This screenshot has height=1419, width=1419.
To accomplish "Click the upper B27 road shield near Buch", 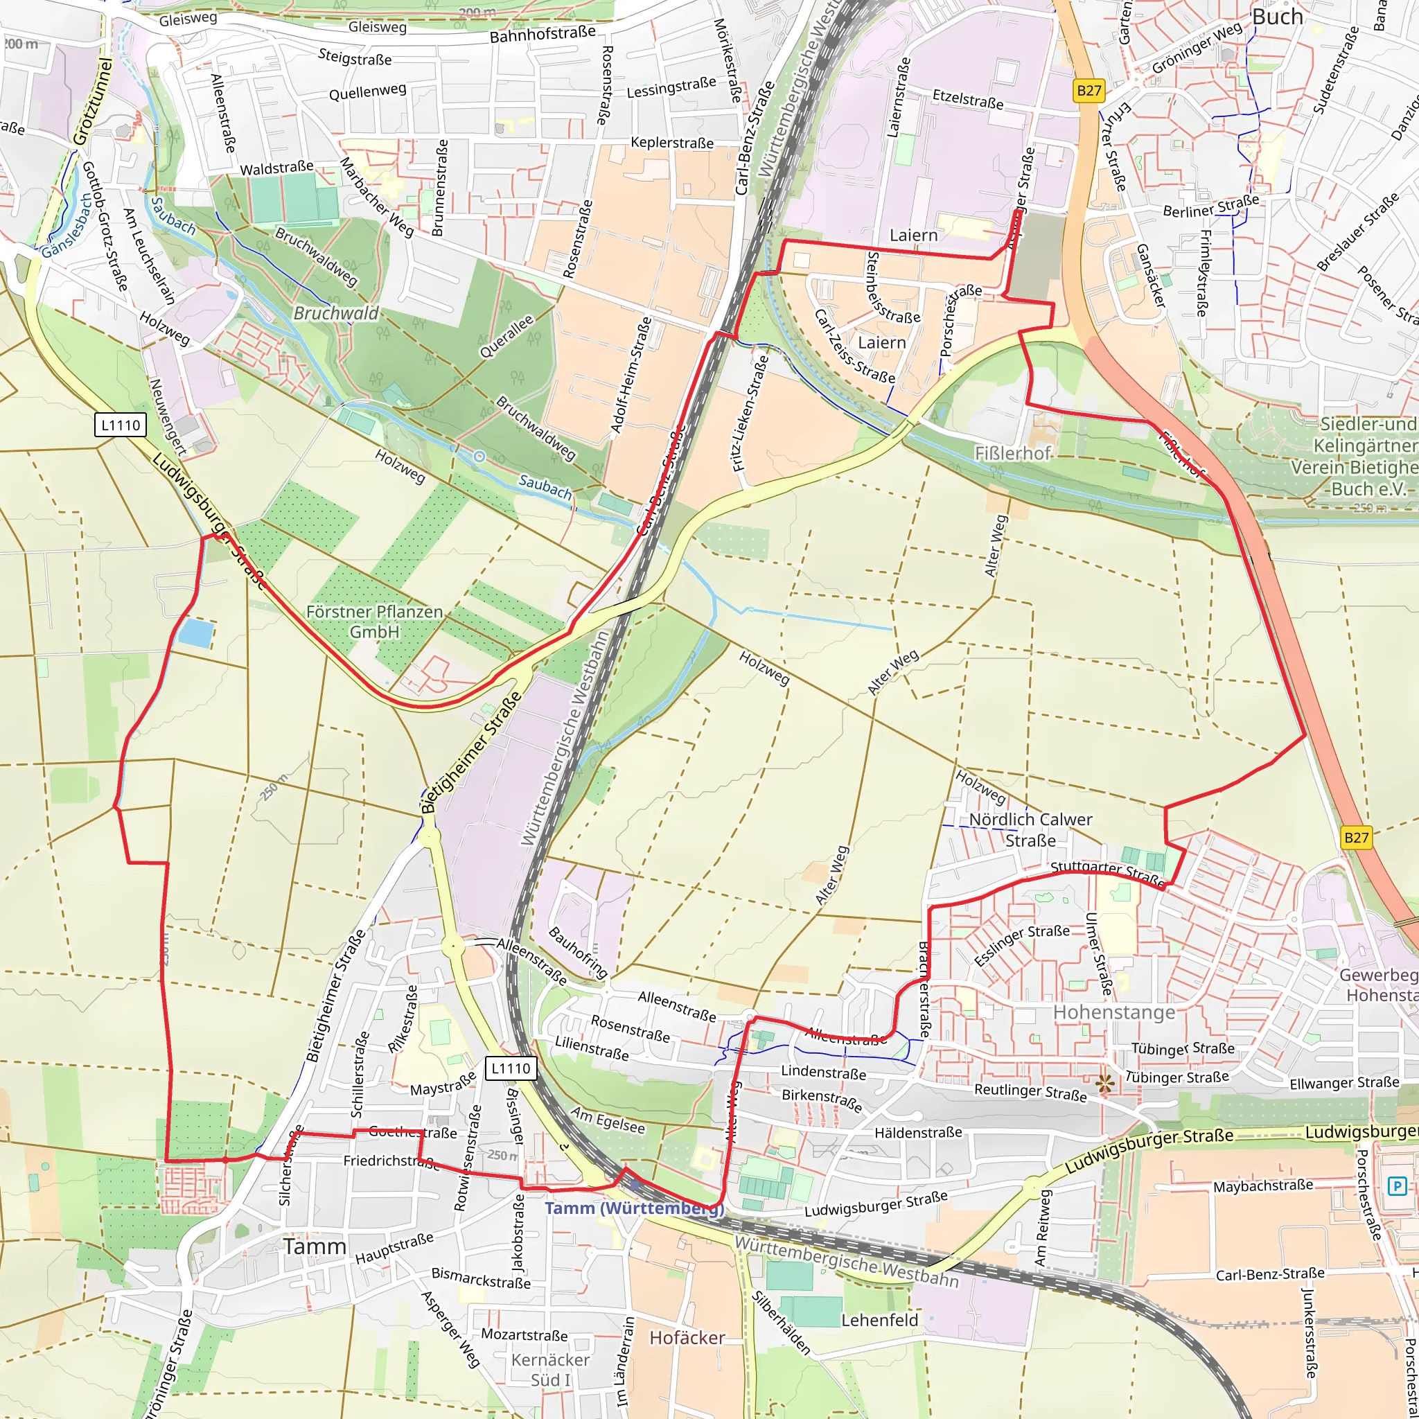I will click(1089, 90).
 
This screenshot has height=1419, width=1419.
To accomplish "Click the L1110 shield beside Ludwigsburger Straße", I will click(121, 425).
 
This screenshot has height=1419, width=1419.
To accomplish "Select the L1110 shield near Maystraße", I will click(511, 1068).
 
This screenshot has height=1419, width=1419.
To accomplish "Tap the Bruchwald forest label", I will click(335, 313).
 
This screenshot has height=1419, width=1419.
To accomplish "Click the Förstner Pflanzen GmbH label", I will click(374, 622).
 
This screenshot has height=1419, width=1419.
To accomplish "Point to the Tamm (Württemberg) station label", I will click(634, 1208).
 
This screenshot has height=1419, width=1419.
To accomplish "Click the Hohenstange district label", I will click(1113, 1012).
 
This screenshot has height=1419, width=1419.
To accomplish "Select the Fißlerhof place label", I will click(1012, 453).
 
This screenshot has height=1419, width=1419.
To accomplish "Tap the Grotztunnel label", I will click(93, 101).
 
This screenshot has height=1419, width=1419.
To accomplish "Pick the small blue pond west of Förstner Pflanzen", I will click(197, 632).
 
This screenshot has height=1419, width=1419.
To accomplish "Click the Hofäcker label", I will click(687, 1337).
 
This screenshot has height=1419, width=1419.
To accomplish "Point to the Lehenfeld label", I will click(879, 1320).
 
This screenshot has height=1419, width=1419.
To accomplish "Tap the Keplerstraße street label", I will click(671, 143).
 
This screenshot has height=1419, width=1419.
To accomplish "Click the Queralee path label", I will click(506, 336).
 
